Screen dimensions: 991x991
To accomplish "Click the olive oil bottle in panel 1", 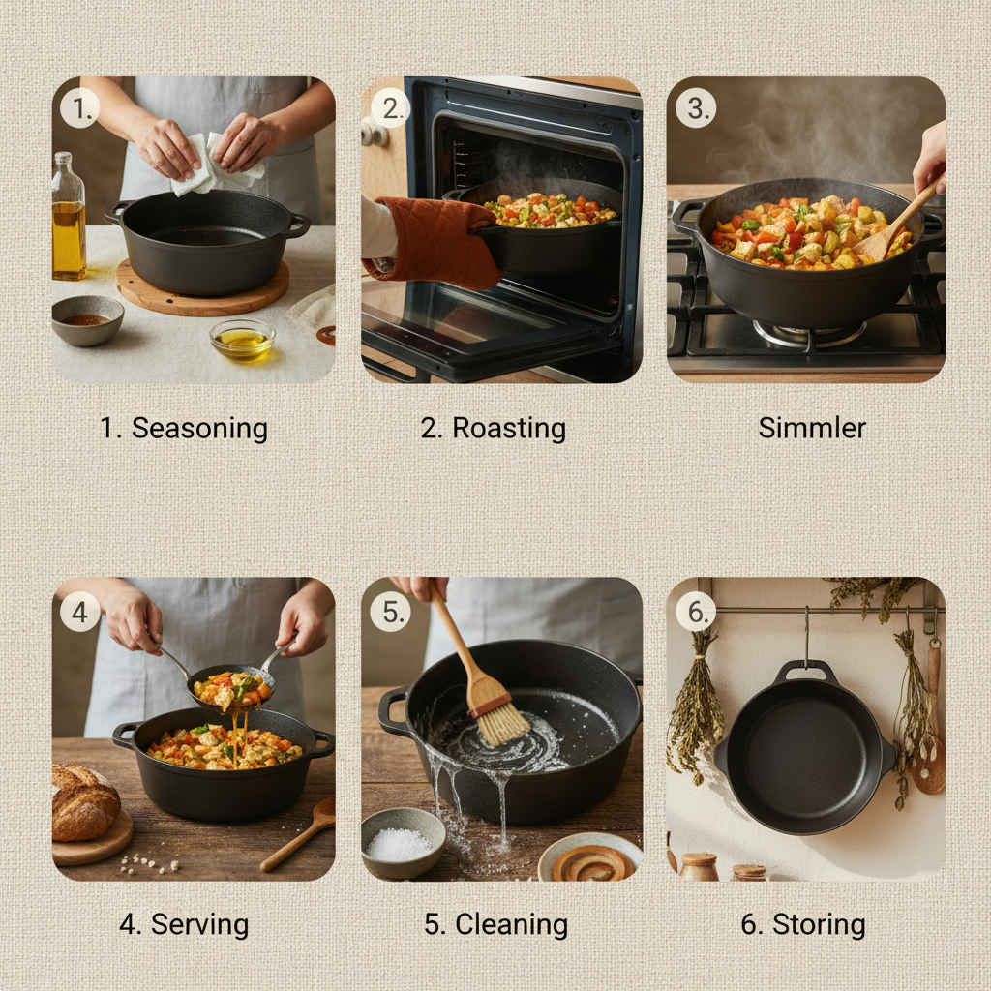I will coord(68,218).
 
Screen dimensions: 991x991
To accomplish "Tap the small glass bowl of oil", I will coord(242,340).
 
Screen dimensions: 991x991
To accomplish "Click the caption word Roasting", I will coord(508,428).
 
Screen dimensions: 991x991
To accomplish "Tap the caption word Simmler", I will coord(812,428).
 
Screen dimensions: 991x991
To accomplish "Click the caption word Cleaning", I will coord(511,924).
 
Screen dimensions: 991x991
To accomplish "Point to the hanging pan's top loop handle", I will coord(805,670).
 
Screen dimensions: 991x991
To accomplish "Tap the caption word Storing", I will coord(819,924).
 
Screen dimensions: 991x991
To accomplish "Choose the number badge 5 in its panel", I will coord(391,612).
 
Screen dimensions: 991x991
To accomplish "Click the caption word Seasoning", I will coord(199,428).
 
